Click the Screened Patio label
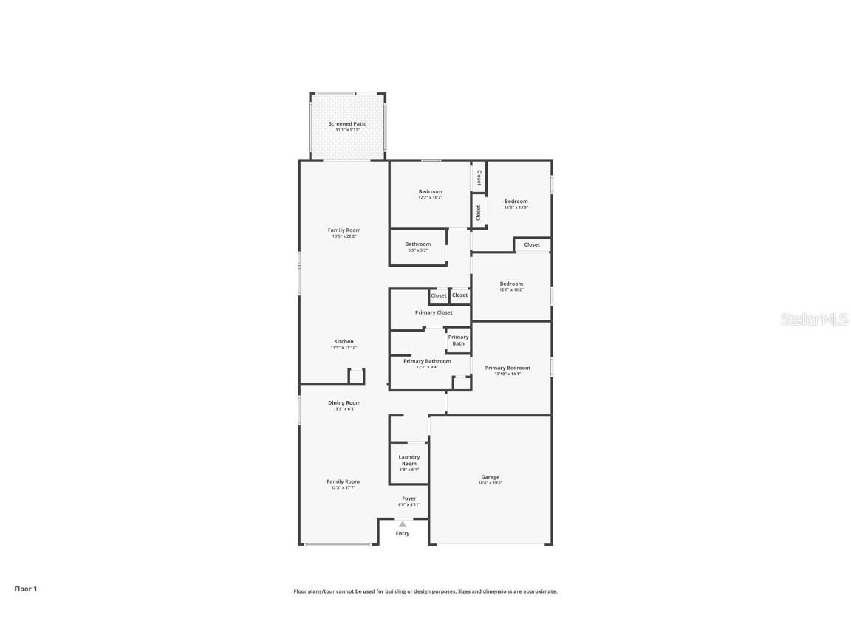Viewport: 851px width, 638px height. [x=347, y=124]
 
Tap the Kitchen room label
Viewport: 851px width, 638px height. [x=344, y=342]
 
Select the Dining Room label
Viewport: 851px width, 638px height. [x=344, y=403]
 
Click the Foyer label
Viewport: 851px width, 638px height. [x=409, y=499]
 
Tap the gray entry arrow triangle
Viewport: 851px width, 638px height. [x=403, y=524]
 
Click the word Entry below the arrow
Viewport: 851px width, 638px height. [x=403, y=533]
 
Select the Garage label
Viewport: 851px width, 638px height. [x=491, y=477]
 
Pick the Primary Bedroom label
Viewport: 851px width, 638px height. [x=507, y=368]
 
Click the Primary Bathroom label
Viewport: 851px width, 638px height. [x=427, y=361]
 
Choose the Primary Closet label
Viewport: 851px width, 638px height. [x=434, y=312]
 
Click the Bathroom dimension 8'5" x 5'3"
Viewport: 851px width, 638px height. [x=417, y=250]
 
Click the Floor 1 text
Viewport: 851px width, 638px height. [x=25, y=589]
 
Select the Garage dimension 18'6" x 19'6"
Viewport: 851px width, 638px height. [x=491, y=484]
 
